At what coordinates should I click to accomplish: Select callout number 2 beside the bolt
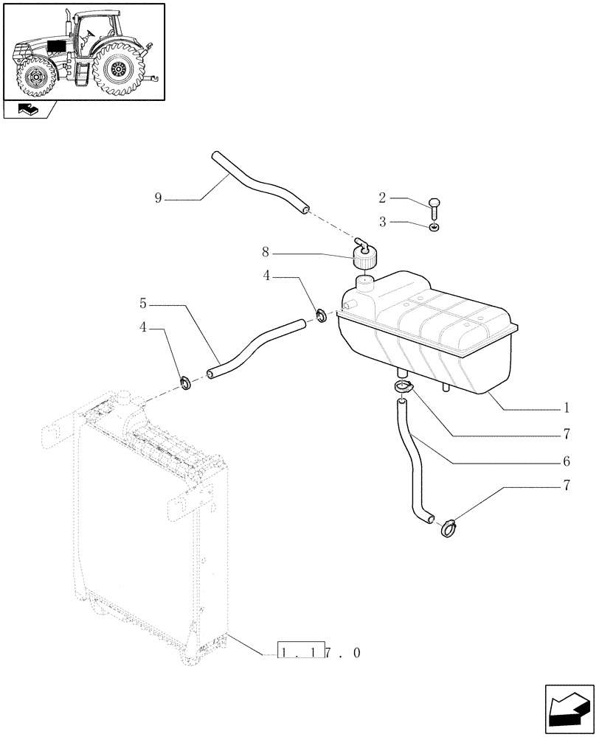(x=382, y=198)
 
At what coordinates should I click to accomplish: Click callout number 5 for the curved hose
(x=143, y=303)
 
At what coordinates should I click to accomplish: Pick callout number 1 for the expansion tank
(x=566, y=407)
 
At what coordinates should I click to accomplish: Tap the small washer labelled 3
(x=434, y=227)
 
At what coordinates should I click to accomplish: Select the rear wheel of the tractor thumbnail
(x=118, y=70)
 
